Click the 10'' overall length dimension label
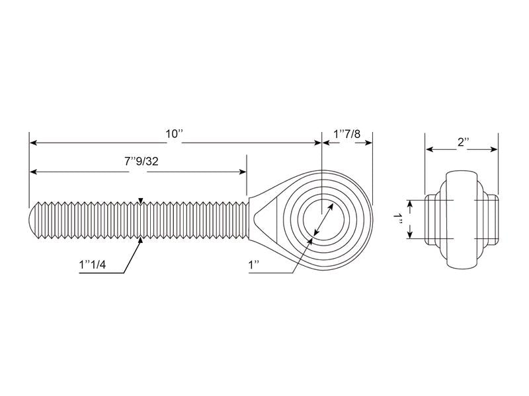174,133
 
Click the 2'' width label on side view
462,141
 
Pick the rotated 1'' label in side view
397,219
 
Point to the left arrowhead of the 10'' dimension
33,143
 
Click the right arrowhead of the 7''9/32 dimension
243,172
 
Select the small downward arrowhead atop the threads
140,201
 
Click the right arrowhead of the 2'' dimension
494,150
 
